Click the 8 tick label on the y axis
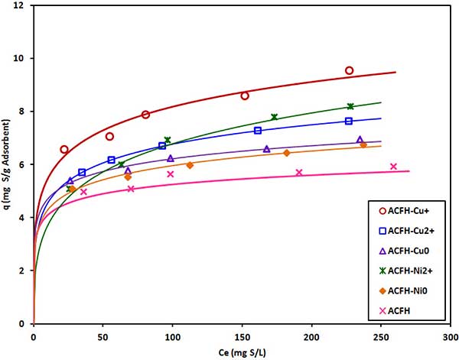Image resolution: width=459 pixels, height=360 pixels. pos(24,112)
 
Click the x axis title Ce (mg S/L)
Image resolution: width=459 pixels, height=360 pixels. pos(237,351)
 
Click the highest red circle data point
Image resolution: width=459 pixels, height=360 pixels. pos(349,70)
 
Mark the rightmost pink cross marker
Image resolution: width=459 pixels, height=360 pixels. pos(393,167)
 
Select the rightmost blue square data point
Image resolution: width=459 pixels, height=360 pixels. pos(349,121)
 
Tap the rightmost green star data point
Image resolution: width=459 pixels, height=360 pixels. pos(350,106)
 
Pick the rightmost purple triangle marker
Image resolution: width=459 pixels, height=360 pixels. pos(360,140)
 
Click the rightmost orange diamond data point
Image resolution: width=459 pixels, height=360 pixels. pos(363,145)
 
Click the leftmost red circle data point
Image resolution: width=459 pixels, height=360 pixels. pos(64,150)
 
